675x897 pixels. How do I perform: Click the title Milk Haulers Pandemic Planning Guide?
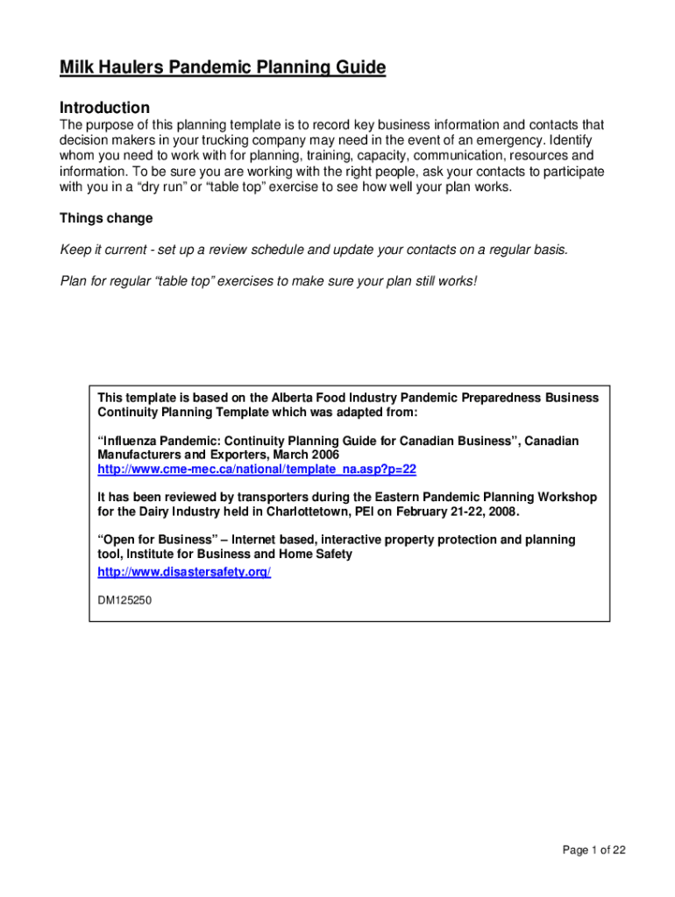[x=223, y=67]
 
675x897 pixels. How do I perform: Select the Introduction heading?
[x=104, y=108]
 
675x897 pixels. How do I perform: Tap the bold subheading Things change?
[x=106, y=218]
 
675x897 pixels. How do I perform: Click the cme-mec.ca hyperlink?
[x=257, y=470]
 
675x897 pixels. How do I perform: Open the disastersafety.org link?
[x=184, y=572]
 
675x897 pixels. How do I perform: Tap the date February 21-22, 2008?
[x=454, y=512]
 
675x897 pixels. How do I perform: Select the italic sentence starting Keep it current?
[x=314, y=250]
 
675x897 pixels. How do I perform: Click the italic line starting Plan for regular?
[x=268, y=281]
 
